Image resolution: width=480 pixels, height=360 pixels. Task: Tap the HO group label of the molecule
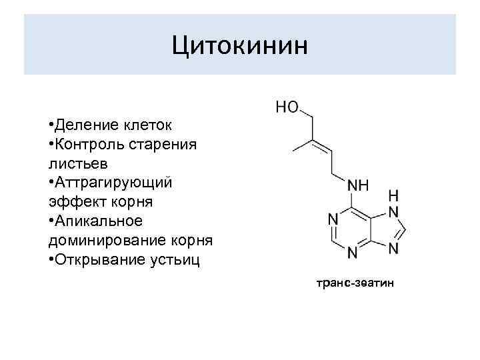click(x=288, y=107)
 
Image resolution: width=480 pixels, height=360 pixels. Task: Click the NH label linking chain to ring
click(x=359, y=184)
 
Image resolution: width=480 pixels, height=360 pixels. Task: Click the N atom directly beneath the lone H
click(x=393, y=213)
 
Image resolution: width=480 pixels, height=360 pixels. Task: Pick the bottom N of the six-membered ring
click(x=352, y=254)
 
